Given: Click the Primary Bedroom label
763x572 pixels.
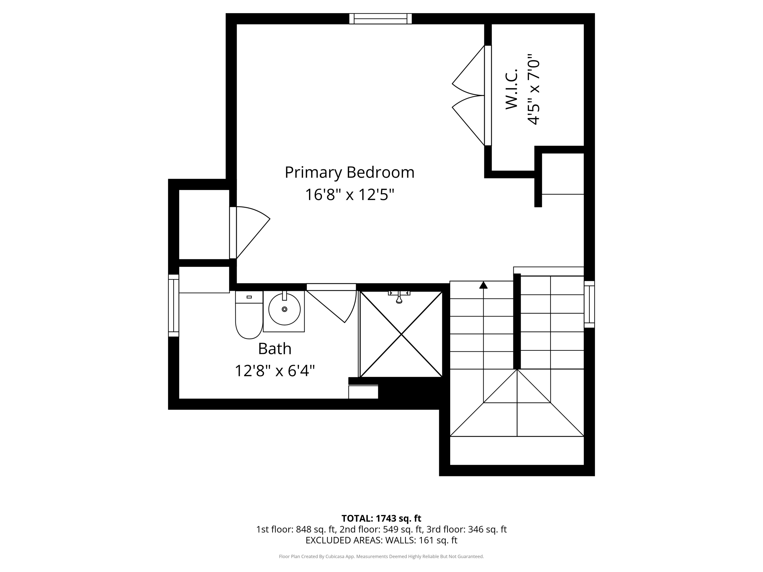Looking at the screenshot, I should (349, 172).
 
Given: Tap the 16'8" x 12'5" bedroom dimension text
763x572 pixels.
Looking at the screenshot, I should (349, 195).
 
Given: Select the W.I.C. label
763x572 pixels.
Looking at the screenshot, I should (511, 89).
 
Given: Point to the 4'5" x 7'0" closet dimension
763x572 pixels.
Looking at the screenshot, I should (533, 89).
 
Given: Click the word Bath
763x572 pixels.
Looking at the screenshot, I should (275, 349).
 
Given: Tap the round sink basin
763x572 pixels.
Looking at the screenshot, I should (284, 309).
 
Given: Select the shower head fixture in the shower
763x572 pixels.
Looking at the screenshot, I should (399, 297).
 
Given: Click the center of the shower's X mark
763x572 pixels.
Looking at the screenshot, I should (401, 334).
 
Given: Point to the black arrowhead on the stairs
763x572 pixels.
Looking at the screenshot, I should (483, 285).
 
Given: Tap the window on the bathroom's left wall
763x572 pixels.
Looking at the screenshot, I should (173, 306).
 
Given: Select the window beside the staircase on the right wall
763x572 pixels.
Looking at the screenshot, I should (589, 304).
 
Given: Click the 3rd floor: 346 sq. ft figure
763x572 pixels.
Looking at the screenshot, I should (466, 529).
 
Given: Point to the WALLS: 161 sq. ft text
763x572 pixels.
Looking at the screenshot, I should (421, 540).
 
